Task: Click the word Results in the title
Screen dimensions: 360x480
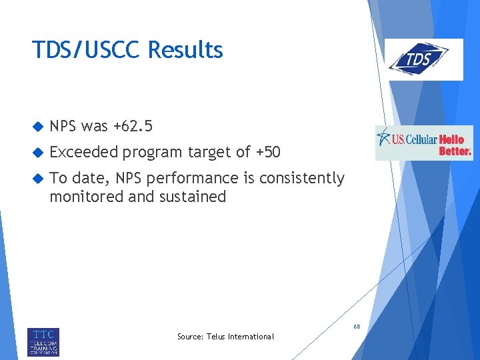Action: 185,50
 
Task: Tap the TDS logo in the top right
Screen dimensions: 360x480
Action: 425,59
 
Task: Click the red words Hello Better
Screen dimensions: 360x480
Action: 455,145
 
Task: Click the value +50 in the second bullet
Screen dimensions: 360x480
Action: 268,153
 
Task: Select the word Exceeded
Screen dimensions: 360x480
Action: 84,153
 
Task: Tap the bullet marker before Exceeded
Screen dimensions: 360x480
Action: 38,153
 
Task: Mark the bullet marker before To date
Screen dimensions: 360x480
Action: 38,179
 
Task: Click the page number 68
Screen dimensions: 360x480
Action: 357,327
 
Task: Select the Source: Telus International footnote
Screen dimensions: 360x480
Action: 225,337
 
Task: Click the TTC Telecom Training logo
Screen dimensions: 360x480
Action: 43,341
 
